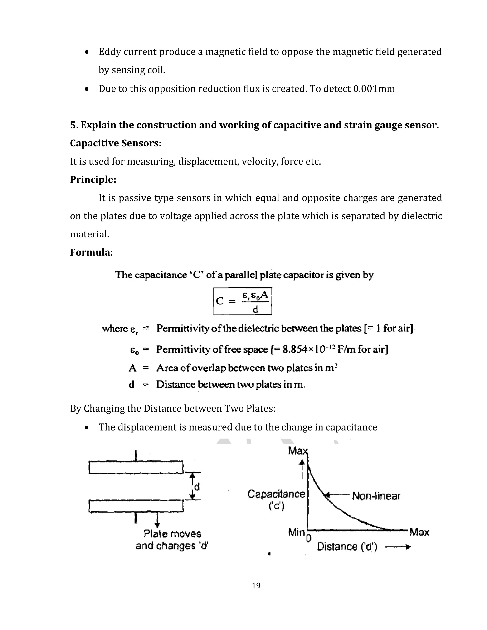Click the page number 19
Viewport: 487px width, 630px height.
point(256,585)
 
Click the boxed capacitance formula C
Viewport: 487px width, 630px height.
point(242,301)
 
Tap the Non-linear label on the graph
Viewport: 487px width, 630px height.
point(376,496)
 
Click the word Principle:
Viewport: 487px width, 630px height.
point(93,179)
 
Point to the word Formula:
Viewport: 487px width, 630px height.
point(92,252)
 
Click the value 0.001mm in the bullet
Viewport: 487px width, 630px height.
point(374,89)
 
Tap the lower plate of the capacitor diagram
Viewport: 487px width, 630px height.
point(136,506)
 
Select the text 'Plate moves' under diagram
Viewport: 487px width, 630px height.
point(172,534)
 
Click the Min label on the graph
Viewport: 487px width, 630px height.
point(296,533)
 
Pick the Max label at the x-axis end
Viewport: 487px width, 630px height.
point(419,532)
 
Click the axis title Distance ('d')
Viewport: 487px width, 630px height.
point(347,547)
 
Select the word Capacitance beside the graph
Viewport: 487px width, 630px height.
point(276,494)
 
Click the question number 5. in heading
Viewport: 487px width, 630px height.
point(74,125)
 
